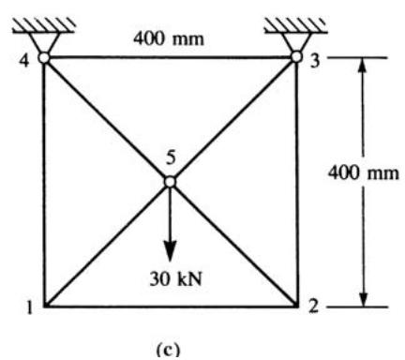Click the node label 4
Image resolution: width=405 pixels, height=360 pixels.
pos(23,61)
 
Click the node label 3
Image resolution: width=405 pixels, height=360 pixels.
pos(315,61)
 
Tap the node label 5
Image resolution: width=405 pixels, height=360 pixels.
pos(171,158)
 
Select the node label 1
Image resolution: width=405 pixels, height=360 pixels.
pos(30,307)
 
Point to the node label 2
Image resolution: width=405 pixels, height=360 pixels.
pos(313,307)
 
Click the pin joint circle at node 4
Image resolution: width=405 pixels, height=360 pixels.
pos(44,57)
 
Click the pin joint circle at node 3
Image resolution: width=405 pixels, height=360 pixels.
pos(296,57)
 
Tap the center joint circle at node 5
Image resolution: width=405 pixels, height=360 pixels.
pos(170,182)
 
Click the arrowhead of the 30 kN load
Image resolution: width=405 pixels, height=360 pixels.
pos(170,250)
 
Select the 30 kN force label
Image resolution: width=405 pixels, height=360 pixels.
pos(175,278)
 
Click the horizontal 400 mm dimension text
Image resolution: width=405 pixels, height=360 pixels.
pos(169,39)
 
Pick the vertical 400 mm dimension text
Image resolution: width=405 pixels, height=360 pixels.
pos(364,172)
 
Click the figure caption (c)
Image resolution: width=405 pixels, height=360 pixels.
pos(168,350)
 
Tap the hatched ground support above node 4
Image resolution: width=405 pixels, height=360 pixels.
pos(44,25)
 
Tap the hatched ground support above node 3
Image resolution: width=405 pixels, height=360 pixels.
pos(296,25)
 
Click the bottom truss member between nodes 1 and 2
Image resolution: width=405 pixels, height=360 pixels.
pos(171,306)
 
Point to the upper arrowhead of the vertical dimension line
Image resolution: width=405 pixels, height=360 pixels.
pos(363,67)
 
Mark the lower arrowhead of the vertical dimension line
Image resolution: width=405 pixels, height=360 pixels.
pos(363,298)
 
